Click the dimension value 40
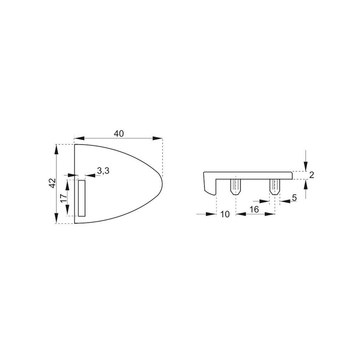tap(119, 133)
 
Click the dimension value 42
tap(53, 183)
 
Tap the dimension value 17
tap(63, 198)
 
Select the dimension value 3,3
tap(103, 171)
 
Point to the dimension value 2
tap(311, 175)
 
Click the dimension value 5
tap(294, 198)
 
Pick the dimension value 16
tap(254, 209)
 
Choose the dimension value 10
tap(225, 214)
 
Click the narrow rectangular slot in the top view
tap(82, 198)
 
